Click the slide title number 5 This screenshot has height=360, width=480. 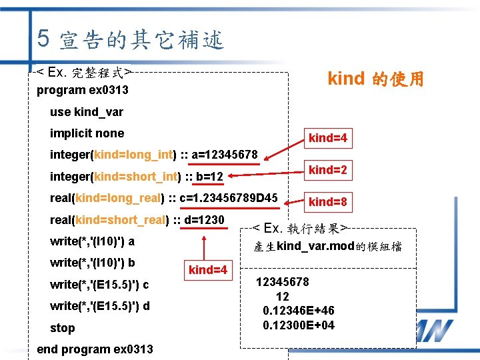[43, 39]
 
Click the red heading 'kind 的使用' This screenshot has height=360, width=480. [375, 79]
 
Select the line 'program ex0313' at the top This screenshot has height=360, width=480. [83, 90]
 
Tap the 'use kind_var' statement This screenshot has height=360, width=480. [87, 111]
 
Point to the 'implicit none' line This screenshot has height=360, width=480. [87, 133]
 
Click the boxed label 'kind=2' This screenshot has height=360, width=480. [327, 170]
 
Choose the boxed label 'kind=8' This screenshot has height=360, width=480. [327, 201]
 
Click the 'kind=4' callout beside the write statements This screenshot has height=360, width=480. [208, 270]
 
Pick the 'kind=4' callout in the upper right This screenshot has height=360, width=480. [327, 138]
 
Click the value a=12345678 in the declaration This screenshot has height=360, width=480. [225, 155]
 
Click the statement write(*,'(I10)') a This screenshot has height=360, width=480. [92, 241]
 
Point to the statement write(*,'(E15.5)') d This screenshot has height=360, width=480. [99, 306]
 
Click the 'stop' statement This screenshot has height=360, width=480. [63, 328]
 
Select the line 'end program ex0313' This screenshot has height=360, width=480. [95, 349]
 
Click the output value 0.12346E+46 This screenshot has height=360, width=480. [299, 311]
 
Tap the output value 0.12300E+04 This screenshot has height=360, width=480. [299, 325]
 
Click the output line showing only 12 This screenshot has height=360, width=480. [283, 296]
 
